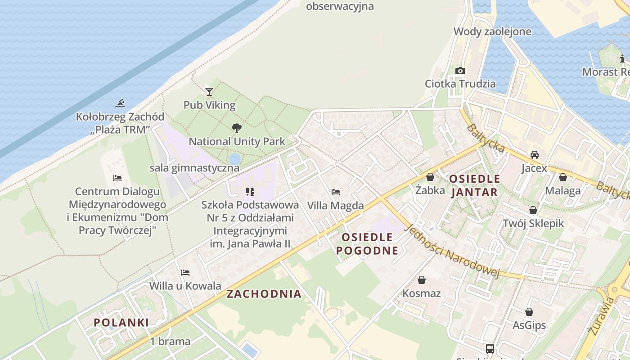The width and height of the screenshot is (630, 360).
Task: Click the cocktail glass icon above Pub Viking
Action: pyautogui.click(x=209, y=92)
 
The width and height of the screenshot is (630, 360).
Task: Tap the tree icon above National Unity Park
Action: pyautogui.click(x=236, y=128)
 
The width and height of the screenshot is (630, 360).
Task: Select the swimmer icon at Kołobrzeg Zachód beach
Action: pyautogui.click(x=120, y=104)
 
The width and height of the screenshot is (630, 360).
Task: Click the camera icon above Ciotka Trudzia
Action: pyautogui.click(x=460, y=71)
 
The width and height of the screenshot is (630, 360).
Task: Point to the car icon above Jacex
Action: pyautogui.click(x=534, y=155)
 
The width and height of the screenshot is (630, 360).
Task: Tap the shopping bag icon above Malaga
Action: pyautogui.click(x=562, y=177)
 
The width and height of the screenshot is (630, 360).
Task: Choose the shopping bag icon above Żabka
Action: pyautogui.click(x=430, y=177)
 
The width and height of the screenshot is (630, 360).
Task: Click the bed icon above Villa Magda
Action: pyautogui.click(x=335, y=192)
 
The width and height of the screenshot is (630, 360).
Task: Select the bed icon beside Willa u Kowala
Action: pyautogui.click(x=185, y=273)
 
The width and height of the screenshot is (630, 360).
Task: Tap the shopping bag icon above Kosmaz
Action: pyautogui.click(x=422, y=280)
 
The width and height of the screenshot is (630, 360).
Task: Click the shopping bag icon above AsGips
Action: pyautogui.click(x=529, y=312)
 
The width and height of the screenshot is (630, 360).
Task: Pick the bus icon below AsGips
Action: pyautogui.click(x=490, y=348)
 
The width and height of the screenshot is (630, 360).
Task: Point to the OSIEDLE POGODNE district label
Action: pyautogui.click(x=368, y=244)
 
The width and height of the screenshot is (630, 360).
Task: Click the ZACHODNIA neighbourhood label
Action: pyautogui.click(x=264, y=294)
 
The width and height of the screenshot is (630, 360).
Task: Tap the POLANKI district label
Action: pyautogui.click(x=121, y=322)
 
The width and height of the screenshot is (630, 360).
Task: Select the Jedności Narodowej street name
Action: pyautogui.click(x=453, y=251)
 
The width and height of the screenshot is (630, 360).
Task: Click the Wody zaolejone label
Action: pyautogui.click(x=492, y=31)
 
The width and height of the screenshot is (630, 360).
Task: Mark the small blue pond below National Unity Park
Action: pyautogui.click(x=234, y=158)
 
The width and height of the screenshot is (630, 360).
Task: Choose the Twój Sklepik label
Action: pyautogui.click(x=533, y=223)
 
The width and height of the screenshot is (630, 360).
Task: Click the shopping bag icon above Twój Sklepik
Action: pyautogui.click(x=533, y=210)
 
